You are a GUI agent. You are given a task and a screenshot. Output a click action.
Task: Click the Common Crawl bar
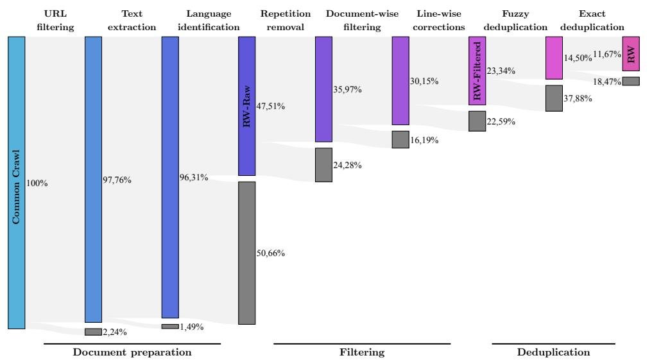[17, 182]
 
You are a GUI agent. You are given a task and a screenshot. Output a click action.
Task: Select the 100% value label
[37, 183]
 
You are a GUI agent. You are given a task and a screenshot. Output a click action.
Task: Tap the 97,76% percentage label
[117, 180]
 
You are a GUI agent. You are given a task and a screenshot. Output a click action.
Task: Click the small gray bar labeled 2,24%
[93, 332]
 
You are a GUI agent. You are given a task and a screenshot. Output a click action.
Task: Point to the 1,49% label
[192, 327]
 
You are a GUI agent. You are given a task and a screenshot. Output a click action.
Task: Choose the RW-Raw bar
[246, 106]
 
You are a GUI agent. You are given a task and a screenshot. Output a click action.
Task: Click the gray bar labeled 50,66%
[246, 253]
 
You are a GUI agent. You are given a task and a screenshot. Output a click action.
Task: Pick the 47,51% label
[271, 106]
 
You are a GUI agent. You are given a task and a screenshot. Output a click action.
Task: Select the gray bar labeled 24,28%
[323, 165]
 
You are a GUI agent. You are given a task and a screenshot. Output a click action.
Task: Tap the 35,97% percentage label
[348, 89]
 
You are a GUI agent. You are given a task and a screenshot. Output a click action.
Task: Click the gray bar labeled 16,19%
[400, 139]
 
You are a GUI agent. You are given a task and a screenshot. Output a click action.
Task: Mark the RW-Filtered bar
[477, 71]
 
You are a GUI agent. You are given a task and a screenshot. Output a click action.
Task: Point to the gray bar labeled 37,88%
[554, 98]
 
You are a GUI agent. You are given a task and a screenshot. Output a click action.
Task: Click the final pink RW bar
[631, 53]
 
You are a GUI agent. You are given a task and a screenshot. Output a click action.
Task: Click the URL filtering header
[59, 20]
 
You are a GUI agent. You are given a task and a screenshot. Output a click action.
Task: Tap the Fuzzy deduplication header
[515, 20]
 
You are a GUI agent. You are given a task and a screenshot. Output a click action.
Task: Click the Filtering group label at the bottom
[362, 352]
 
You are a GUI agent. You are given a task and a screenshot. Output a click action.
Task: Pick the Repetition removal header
[286, 20]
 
